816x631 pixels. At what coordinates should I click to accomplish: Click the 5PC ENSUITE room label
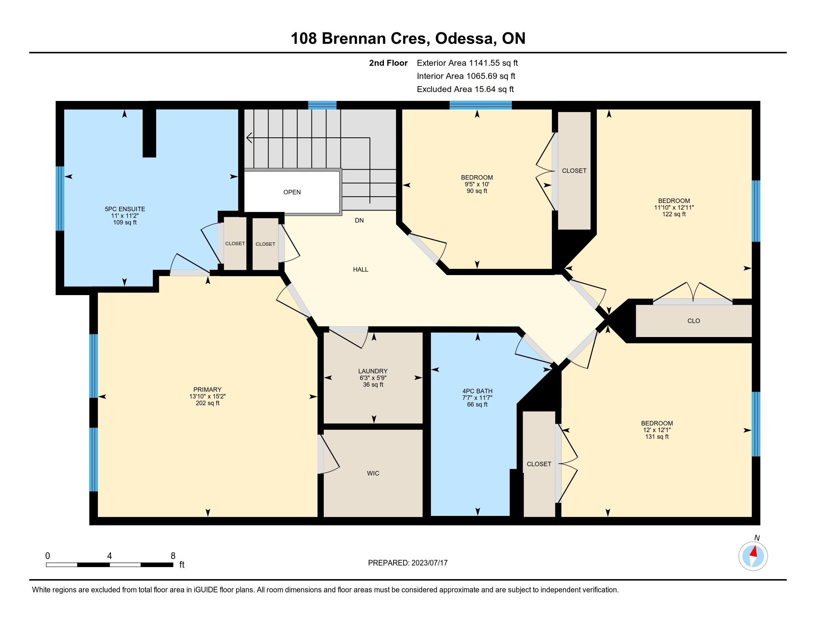pos(125,209)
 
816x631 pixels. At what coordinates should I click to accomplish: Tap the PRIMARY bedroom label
pos(207,389)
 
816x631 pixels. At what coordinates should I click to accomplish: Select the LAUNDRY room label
pos(373,371)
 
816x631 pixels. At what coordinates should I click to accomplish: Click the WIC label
pos(373,473)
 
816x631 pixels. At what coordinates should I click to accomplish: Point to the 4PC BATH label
pos(477,391)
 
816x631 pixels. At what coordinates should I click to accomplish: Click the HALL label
pos(361,269)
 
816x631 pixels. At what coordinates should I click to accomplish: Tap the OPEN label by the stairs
pos(292,192)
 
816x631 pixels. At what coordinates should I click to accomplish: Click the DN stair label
pos(359,220)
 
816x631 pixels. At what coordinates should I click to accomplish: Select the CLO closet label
pos(694,321)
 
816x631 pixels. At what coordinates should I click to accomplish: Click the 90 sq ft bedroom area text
pos(477,191)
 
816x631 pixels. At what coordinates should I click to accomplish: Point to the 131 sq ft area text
pos(657,437)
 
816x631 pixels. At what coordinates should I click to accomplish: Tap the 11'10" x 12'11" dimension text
pos(674,207)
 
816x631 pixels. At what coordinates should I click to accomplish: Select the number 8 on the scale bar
pos(172,556)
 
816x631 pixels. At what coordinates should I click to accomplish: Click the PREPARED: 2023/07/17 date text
pos(408,563)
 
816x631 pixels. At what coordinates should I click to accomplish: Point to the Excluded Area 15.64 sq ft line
pos(465,89)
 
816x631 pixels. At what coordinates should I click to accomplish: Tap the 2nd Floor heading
pos(388,63)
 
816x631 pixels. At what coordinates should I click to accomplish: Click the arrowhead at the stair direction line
pos(249,138)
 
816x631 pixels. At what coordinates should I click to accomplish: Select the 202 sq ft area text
pos(207,403)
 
